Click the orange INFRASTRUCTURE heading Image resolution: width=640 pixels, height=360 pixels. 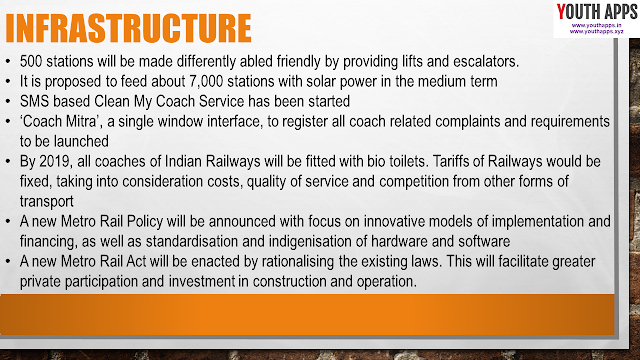pyautogui.click(x=128, y=28)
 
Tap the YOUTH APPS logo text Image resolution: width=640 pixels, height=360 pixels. pyautogui.click(x=597, y=11)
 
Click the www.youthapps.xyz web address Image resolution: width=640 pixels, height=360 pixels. pyautogui.click(x=596, y=31)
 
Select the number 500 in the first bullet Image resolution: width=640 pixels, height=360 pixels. pyautogui.click(x=31, y=62)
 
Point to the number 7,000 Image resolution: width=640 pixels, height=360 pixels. pyautogui.click(x=206, y=81)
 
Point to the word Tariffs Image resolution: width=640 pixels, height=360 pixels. pyautogui.click(x=451, y=161)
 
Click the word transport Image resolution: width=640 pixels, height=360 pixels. pyautogui.click(x=47, y=202)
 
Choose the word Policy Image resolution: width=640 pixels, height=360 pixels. pyautogui.click(x=145, y=221)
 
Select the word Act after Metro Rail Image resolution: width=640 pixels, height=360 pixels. pyautogui.click(x=136, y=261)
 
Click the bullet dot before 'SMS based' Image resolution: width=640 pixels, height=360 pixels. pyautogui.click(x=8, y=102)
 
